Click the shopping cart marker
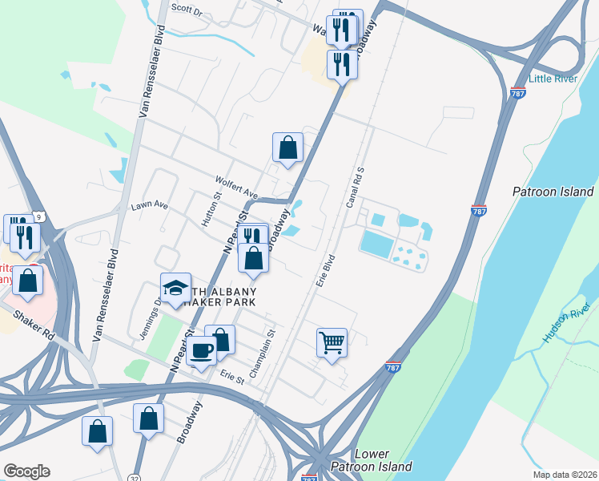click(332, 343)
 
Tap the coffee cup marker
click(202, 350)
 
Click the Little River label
click(553, 79)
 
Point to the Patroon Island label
click(553, 192)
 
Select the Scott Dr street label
click(187, 10)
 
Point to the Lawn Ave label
click(150, 206)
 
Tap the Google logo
click(26, 471)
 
